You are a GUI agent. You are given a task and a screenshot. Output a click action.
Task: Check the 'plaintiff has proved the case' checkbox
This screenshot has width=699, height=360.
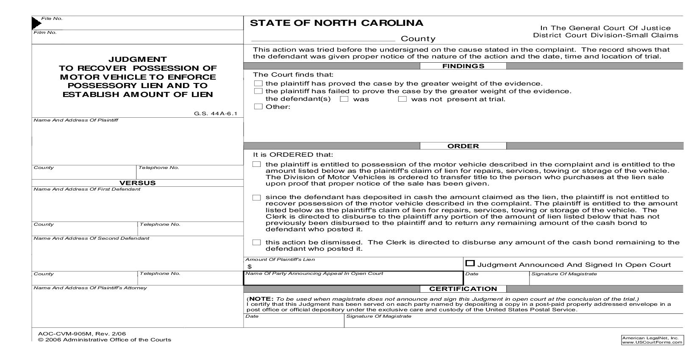(x=258, y=83)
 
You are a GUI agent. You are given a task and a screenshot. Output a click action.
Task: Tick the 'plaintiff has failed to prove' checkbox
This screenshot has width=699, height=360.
(x=258, y=91)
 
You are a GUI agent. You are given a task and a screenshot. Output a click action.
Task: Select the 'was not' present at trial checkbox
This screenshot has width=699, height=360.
(x=402, y=99)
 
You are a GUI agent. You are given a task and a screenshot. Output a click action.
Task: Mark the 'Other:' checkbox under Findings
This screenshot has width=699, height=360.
(x=258, y=107)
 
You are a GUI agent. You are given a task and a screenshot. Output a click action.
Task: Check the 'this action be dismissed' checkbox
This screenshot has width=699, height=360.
(x=256, y=243)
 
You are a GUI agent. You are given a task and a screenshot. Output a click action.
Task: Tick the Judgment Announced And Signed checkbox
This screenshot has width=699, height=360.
(x=469, y=263)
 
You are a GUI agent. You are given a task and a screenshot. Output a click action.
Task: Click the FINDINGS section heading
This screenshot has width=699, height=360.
(x=463, y=66)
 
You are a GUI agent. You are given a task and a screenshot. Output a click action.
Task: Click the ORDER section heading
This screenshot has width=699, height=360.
(x=463, y=146)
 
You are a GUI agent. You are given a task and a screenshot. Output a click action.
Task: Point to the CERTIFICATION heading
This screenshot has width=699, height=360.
(x=463, y=289)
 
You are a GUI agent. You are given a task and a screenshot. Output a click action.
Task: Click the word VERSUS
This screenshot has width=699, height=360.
(x=137, y=183)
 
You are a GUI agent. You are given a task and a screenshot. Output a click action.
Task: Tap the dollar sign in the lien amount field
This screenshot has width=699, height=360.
(x=250, y=266)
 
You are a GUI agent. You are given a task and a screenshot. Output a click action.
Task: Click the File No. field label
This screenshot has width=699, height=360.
(x=52, y=19)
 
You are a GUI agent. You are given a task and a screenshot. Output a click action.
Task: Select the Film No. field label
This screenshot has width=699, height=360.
(x=45, y=33)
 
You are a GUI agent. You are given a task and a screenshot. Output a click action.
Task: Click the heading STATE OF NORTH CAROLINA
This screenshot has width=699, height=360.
(x=336, y=23)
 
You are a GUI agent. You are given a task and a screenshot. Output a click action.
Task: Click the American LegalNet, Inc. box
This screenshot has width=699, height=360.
(x=652, y=340)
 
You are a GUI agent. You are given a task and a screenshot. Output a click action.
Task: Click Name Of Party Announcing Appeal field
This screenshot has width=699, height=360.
(x=353, y=279)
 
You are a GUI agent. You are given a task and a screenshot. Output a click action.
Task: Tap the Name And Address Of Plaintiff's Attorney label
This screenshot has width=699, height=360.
(x=90, y=288)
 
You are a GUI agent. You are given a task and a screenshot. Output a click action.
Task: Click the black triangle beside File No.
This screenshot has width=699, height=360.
(x=36, y=23)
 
